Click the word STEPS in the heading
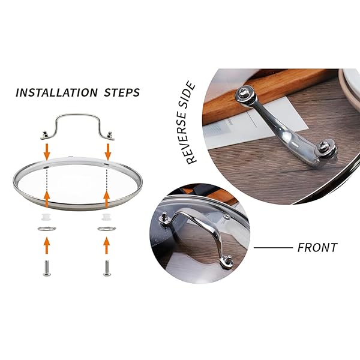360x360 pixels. (x=122, y=92)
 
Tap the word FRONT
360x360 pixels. (x=317, y=248)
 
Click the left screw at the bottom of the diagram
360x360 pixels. (x=47, y=268)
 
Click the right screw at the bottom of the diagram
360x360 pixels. (x=107, y=268)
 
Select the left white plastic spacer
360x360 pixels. (x=47, y=217)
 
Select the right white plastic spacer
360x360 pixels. (x=107, y=217)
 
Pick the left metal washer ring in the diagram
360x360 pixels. (x=47, y=229)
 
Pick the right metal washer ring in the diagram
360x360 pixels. (x=107, y=229)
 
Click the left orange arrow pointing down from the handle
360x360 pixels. (x=47, y=152)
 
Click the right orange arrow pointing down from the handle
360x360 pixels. (x=108, y=152)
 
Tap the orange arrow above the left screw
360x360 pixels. (x=47, y=245)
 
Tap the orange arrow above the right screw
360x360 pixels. (x=106, y=245)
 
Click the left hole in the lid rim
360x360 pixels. (x=47, y=167)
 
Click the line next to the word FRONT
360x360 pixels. (x=273, y=248)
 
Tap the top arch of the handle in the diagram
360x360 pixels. (x=77, y=114)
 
